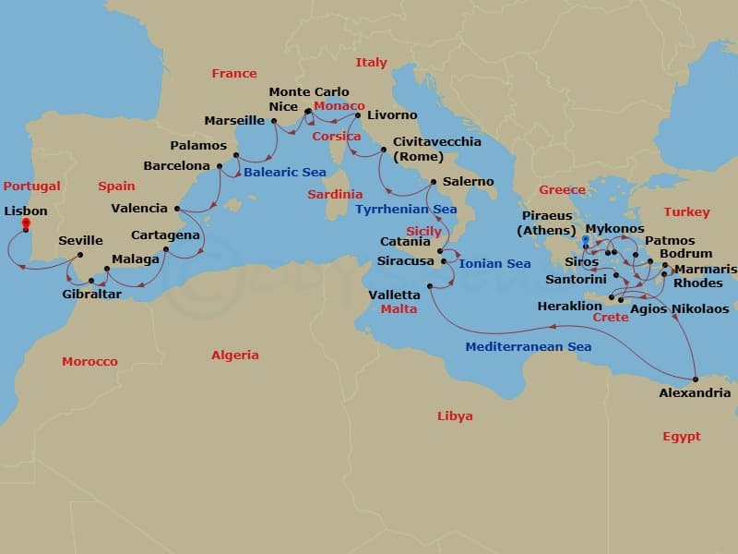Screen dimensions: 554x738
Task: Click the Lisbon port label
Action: click(26, 211)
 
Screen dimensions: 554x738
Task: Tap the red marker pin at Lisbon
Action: click(26, 223)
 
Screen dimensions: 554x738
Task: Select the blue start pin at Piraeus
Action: click(584, 241)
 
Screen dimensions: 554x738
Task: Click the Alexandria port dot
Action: click(696, 379)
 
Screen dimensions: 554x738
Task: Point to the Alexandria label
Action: click(695, 393)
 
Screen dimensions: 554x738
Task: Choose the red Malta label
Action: click(399, 309)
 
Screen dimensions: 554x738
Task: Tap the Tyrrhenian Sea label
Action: click(406, 210)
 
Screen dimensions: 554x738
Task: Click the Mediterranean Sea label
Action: click(528, 347)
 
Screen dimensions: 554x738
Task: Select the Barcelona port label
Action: click(176, 166)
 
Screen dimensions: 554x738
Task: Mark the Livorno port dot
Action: click(358, 115)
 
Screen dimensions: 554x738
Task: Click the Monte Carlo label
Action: click(309, 92)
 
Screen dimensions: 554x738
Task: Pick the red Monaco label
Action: click(339, 106)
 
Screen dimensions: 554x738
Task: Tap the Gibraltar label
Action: click(91, 295)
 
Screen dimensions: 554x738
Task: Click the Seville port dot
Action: click(80, 255)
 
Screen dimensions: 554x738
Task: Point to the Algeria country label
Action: click(235, 355)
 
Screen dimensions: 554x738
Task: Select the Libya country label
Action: click(455, 416)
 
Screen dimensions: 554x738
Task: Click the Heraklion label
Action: click(570, 307)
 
